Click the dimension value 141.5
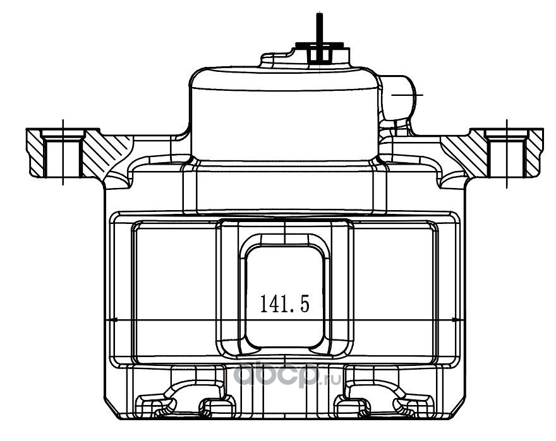pos(285,304)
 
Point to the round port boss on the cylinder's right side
pos(399,96)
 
